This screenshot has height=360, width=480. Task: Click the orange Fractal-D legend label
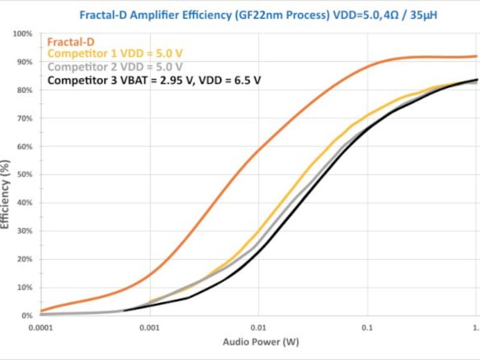(70, 42)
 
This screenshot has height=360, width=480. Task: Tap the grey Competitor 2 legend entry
(115, 67)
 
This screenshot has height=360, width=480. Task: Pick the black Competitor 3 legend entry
(154, 79)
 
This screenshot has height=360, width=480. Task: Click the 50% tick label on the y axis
(23, 175)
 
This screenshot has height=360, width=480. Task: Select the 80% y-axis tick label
(23, 90)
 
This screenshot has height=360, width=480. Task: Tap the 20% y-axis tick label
(23, 259)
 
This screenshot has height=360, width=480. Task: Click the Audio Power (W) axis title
(260, 343)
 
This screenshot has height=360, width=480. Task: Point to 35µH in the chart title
(419, 15)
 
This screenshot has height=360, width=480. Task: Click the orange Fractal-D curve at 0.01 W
(259, 151)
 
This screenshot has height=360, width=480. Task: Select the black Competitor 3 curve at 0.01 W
(259, 252)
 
